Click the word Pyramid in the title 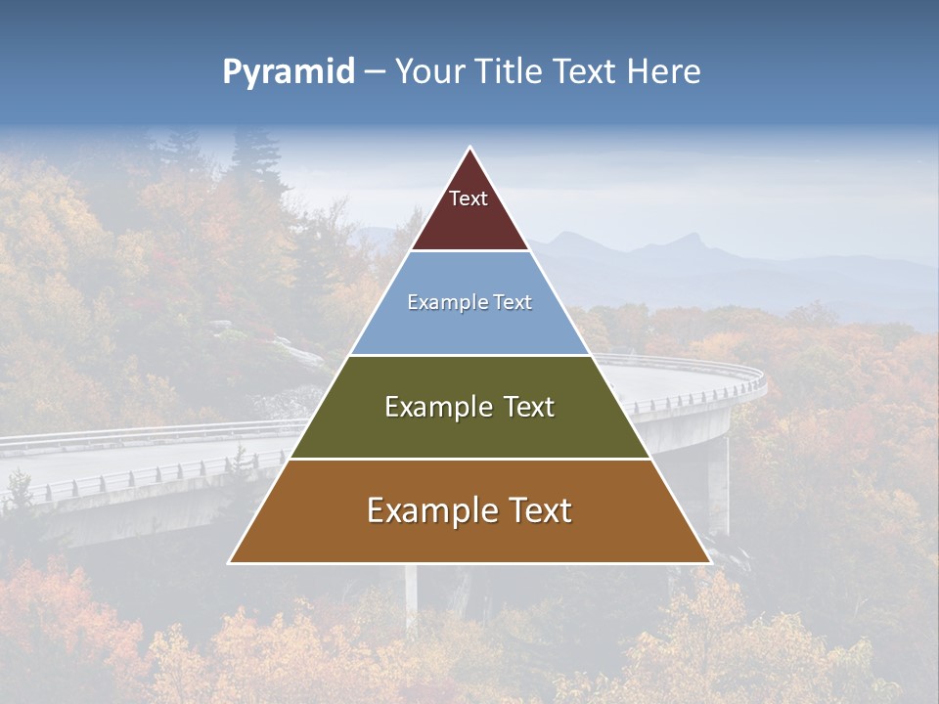pyautogui.click(x=288, y=72)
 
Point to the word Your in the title pyautogui.click(x=428, y=72)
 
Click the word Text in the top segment pyautogui.click(x=469, y=198)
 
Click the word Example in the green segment pyautogui.click(x=428, y=407)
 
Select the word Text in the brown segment pyautogui.click(x=533, y=510)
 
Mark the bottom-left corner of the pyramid pyautogui.click(x=230, y=562)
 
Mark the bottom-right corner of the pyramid pyautogui.click(x=710, y=562)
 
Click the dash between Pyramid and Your pyautogui.click(x=375, y=72)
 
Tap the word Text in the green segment pyautogui.click(x=524, y=407)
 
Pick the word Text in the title pyautogui.click(x=585, y=72)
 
